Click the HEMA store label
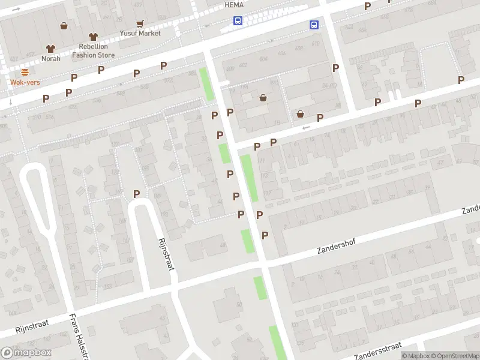tap(233, 5)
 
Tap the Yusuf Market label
tap(140, 33)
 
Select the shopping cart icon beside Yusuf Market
tap(140, 24)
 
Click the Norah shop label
tap(50, 58)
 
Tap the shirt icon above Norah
tap(50, 49)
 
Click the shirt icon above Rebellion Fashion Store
tap(92, 37)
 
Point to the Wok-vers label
tap(24, 82)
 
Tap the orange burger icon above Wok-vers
tap(24, 72)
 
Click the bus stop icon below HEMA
tap(238, 20)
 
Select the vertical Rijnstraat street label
tap(166, 253)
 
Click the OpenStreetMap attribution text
tap(455, 356)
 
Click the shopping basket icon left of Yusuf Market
tap(64, 26)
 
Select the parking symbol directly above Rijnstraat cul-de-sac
tap(136, 194)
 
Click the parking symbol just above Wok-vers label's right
tap(74, 77)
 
